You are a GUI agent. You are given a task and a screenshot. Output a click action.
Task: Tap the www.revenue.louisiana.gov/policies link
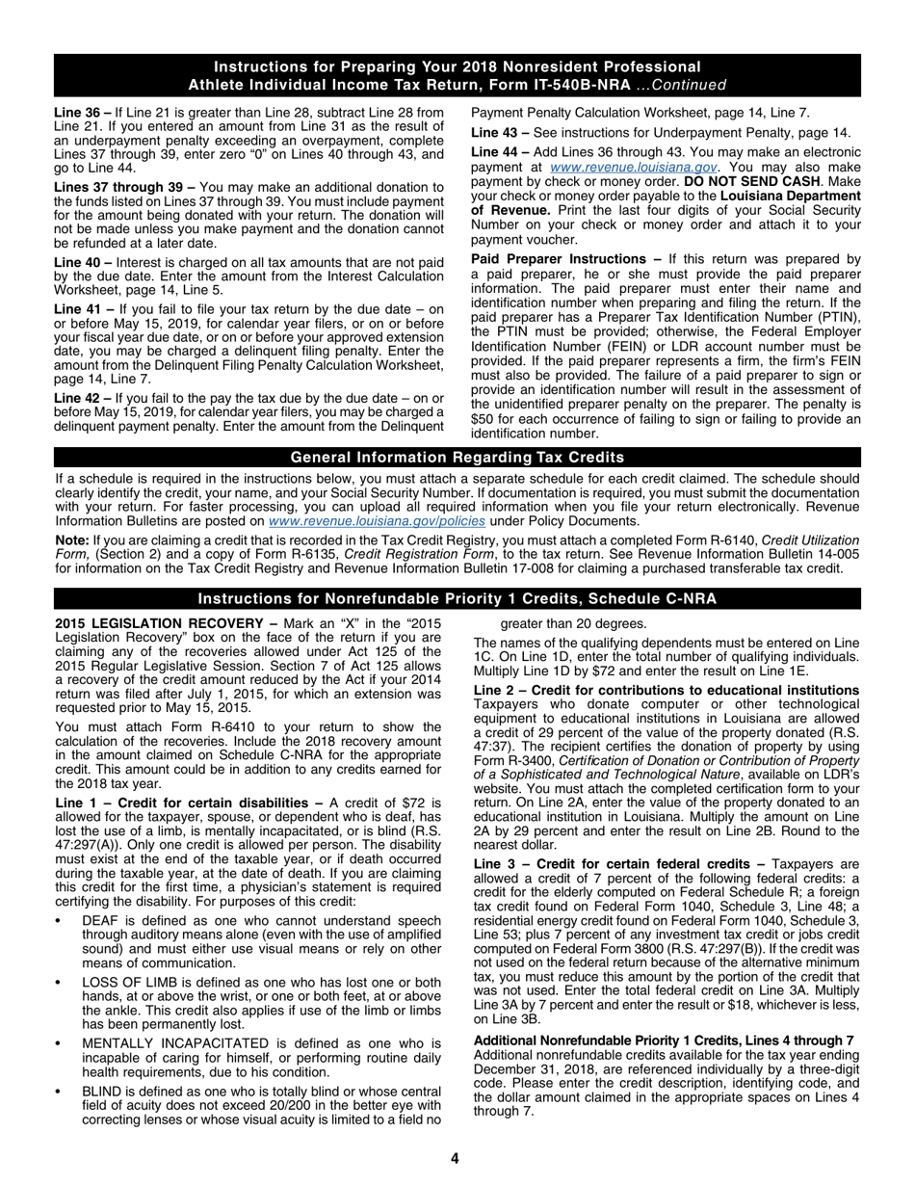coord(377,521)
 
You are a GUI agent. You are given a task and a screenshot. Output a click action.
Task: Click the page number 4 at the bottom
coord(456,1158)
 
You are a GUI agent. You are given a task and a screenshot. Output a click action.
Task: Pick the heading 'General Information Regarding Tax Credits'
coord(457,458)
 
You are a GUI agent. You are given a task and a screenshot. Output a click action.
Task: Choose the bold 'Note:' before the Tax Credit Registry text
coord(72,540)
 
